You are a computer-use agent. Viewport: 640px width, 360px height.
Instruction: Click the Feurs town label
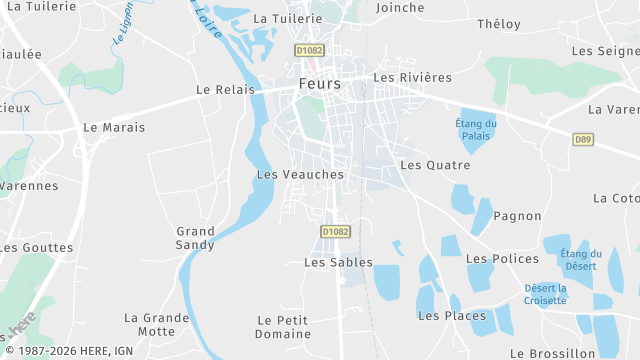320,84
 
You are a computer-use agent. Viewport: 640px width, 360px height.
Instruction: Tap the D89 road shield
583,139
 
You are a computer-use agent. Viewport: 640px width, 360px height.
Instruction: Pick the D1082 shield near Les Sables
336,231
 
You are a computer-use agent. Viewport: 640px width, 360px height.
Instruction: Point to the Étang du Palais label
476,129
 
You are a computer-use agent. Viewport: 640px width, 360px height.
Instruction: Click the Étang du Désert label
581,259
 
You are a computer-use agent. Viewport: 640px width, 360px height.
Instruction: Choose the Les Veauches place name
300,174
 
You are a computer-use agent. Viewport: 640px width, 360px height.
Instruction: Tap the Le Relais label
221,89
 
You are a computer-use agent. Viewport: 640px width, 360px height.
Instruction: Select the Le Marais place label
114,127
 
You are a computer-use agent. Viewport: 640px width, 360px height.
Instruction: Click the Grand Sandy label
195,238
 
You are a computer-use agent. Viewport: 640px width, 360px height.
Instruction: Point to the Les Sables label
338,263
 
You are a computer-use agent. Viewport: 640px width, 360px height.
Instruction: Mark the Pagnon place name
517,216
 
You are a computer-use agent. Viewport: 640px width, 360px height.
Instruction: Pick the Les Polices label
502,259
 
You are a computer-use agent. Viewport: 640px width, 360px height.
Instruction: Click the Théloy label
499,24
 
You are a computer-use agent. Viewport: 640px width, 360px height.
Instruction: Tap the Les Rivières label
412,77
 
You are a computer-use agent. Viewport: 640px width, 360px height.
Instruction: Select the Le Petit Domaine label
284,327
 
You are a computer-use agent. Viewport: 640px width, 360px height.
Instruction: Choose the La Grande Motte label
156,325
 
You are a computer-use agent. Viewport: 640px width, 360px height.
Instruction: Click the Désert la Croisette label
546,294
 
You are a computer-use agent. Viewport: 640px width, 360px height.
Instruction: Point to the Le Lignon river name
123,27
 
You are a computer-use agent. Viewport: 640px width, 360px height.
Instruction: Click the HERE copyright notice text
70,350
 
